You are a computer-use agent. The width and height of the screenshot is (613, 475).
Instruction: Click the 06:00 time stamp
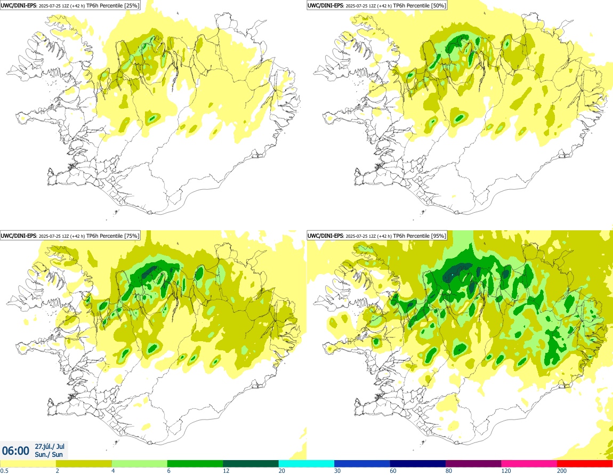[16, 451]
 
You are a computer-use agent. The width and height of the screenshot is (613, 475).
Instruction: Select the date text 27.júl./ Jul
[50, 446]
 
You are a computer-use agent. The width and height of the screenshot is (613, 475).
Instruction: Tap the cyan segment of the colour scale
[307, 463]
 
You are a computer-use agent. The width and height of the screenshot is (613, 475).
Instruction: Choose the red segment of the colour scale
[585, 463]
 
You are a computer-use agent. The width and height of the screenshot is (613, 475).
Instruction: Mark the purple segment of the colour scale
[473, 463]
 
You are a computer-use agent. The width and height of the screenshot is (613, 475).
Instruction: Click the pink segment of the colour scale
[529, 463]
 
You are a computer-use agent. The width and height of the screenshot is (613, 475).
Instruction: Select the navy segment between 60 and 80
[417, 463]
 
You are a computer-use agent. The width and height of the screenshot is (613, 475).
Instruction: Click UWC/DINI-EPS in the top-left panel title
[19, 5]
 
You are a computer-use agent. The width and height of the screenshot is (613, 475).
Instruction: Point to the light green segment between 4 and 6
[139, 463]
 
